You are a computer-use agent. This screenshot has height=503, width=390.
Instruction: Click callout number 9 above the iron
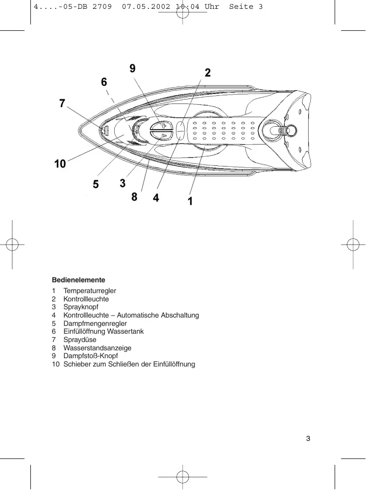[133, 69]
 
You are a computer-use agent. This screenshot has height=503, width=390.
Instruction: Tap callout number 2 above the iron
[208, 73]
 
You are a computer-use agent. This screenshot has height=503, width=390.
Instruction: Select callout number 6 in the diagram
[104, 82]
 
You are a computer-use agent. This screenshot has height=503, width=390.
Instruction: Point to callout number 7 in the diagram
[62, 103]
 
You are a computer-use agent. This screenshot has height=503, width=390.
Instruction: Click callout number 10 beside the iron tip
[60, 164]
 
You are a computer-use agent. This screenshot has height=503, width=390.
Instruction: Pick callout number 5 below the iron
[96, 184]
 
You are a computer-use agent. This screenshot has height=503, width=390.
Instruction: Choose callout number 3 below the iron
[122, 183]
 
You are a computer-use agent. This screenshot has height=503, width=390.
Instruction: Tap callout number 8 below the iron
[134, 197]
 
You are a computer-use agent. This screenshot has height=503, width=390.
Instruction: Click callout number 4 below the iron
[156, 198]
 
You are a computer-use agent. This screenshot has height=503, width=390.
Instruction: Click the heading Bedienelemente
[78, 280]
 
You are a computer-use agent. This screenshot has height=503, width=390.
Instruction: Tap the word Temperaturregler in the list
[90, 291]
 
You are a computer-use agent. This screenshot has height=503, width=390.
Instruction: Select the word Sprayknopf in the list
[81, 307]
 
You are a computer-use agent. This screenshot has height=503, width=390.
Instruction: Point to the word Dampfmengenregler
[95, 323]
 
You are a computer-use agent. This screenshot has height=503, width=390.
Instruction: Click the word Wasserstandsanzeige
[97, 348]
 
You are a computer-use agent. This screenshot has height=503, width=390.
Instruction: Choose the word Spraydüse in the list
[80, 340]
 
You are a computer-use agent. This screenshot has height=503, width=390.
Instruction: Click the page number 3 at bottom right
[308, 438]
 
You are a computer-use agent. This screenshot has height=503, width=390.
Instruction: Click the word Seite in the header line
[241, 6]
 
